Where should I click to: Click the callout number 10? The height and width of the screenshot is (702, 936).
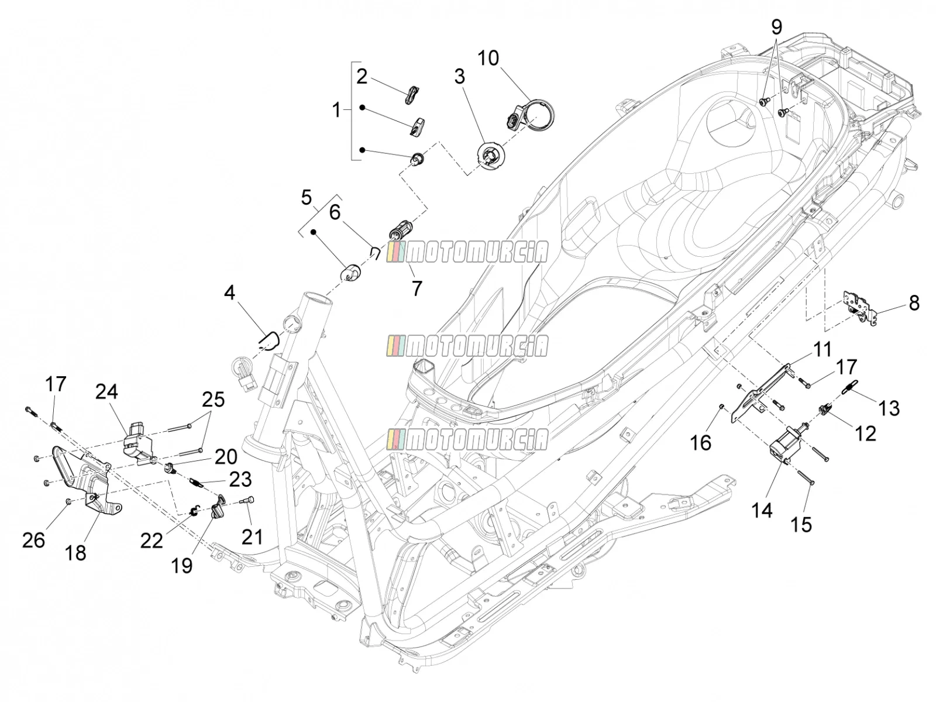tap(487, 58)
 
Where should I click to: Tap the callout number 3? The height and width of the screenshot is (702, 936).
tap(459, 77)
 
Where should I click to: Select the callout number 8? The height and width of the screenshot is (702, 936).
tap(914, 303)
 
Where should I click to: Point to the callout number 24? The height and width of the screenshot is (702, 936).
tap(106, 392)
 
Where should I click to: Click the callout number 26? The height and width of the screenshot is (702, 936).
tap(34, 541)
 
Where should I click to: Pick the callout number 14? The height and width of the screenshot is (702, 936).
tap(762, 510)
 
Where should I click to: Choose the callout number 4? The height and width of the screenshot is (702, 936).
tap(229, 292)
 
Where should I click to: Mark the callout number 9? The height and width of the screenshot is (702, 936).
tap(776, 27)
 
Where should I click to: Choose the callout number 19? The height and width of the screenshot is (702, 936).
tap(182, 566)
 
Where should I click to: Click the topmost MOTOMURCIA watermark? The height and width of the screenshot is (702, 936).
tap(467, 252)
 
